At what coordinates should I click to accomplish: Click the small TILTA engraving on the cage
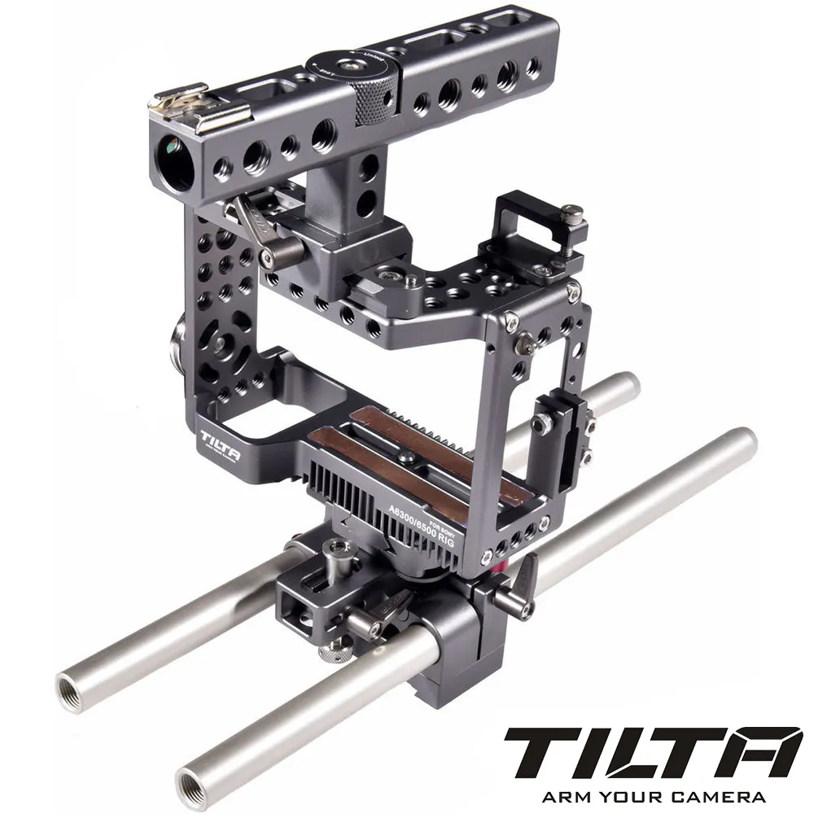tap(220, 440)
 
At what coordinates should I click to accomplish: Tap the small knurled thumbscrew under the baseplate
tap(332, 651)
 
